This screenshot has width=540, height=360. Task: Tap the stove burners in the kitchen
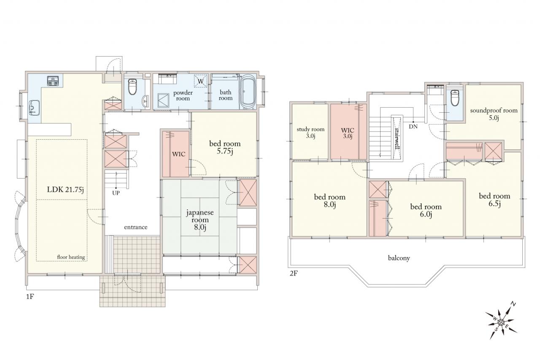53,81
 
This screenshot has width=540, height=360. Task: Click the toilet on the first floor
132,87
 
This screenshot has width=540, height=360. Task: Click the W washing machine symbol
200,81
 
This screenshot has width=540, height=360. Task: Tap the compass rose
501,322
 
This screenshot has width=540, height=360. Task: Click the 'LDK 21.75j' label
65,189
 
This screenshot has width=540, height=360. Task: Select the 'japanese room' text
200,216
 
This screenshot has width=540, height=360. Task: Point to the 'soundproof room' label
494,111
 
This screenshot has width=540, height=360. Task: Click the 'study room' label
310,129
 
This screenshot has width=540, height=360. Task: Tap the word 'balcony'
399,258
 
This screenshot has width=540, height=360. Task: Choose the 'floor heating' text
71,257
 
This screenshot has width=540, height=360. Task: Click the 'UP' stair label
116,193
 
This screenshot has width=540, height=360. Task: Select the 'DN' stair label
413,127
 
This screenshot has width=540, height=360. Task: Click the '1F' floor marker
30,296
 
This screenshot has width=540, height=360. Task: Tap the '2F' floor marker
294,273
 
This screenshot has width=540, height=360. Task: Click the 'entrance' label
136,227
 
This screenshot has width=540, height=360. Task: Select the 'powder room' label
183,95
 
